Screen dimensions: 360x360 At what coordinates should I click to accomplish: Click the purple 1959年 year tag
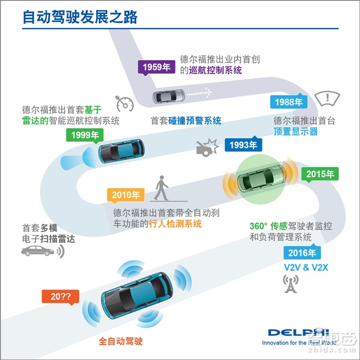tap(156, 67)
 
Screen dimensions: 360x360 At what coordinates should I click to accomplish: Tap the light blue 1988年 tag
tap(289, 101)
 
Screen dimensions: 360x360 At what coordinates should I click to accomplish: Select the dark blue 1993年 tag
tap(244, 145)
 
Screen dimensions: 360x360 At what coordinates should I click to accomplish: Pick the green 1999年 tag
tap(85, 135)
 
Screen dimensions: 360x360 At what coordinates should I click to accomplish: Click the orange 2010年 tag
tap(126, 195)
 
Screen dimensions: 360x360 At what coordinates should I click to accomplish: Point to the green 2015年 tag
tap(320, 174)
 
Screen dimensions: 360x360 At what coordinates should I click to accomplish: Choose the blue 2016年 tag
tap(302, 252)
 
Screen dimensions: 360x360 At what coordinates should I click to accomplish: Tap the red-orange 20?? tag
tap(60, 297)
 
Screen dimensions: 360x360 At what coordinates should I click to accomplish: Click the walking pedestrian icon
tap(161, 188)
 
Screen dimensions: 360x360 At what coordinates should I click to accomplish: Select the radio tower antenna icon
tap(291, 283)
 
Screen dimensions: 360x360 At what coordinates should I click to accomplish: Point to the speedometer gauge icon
tap(125, 103)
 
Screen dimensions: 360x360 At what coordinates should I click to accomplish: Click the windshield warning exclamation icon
tap(327, 98)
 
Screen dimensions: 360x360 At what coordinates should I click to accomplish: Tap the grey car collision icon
tap(208, 147)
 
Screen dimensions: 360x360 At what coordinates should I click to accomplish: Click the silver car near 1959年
tap(169, 96)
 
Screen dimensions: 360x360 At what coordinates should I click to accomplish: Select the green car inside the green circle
tap(262, 178)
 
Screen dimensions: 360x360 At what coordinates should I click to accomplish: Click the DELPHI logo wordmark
tap(299, 332)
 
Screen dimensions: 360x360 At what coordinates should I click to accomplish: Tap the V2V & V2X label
tap(306, 268)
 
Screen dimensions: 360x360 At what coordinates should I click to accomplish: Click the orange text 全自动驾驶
tap(121, 341)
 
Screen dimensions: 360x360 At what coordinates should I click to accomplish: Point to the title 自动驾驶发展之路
tap(80, 17)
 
